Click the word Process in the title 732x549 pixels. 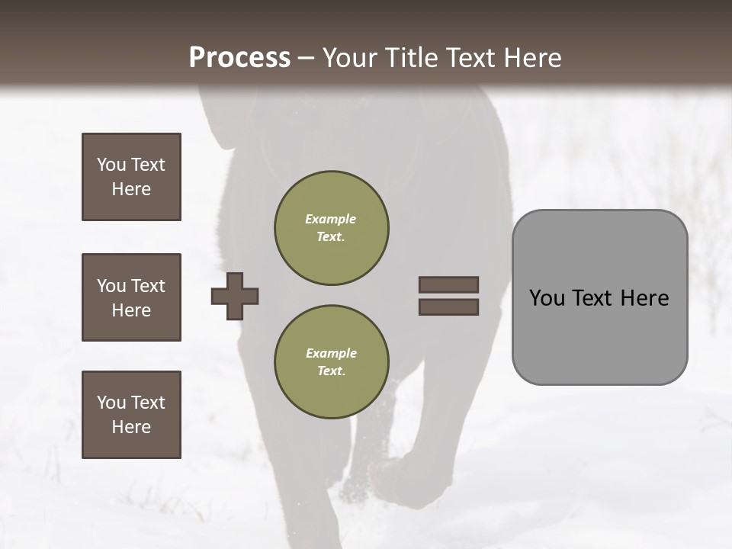coord(239,57)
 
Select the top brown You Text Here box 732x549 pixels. coord(131,177)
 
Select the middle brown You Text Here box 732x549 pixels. coord(131,297)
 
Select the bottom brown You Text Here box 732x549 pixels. coord(131,415)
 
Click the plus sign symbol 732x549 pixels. coord(235,296)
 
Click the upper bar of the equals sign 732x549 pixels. coord(448,284)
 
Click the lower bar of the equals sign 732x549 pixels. coord(448,307)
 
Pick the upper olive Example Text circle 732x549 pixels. coord(331,228)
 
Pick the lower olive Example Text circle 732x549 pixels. coord(331,362)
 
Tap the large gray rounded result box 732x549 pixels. coord(599,297)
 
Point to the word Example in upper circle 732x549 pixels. coord(331,219)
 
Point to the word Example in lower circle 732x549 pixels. coord(331,353)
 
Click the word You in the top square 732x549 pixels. coord(110,165)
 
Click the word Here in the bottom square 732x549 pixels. coord(131,427)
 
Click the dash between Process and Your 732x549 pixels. coord(307,58)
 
